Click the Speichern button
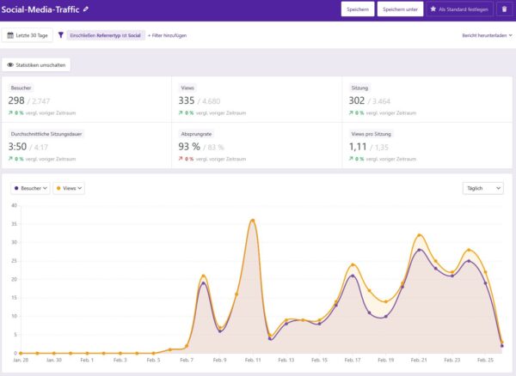tap(357, 9)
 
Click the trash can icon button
tap(503, 9)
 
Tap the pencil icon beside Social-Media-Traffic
tap(86, 9)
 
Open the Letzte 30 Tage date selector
tap(28, 35)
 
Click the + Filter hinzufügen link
tap(168, 35)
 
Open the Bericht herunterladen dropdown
tap(487, 35)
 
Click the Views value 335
tap(187, 100)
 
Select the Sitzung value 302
tap(358, 100)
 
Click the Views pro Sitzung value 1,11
tap(359, 147)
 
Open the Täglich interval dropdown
tap(482, 188)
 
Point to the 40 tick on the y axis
tap(13, 206)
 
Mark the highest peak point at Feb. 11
tap(252, 221)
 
